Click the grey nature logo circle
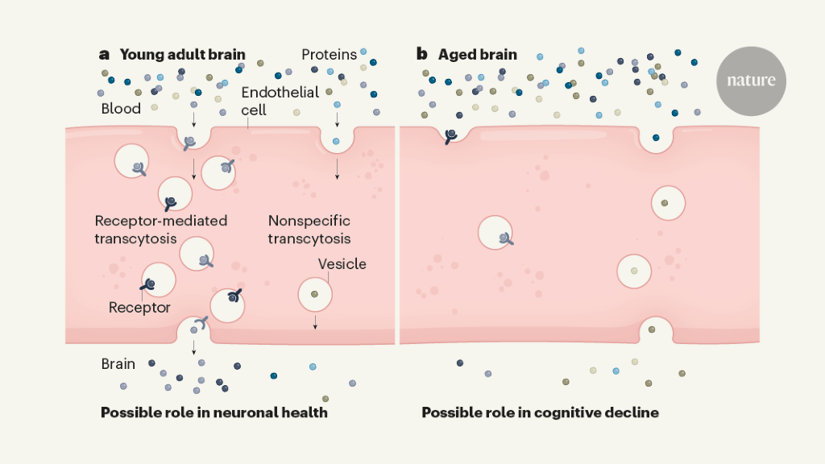coord(751,81)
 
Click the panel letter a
coord(104,55)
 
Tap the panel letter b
coord(421,55)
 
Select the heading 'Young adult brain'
coord(182,55)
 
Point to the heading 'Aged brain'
coord(478,55)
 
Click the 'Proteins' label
coord(329,55)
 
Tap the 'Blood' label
coord(121,109)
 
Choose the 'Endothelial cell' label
coord(280,100)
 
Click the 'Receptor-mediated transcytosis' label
coord(161,229)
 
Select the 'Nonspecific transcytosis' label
coord(309,229)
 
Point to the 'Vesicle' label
coord(342,264)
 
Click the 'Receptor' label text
coord(139,308)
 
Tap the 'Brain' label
coord(118,364)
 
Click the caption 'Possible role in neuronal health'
coord(214,412)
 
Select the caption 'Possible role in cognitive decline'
coord(540,412)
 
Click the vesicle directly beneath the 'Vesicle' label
coord(315,294)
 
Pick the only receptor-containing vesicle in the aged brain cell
coord(499,234)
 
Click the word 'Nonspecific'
coord(309,221)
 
